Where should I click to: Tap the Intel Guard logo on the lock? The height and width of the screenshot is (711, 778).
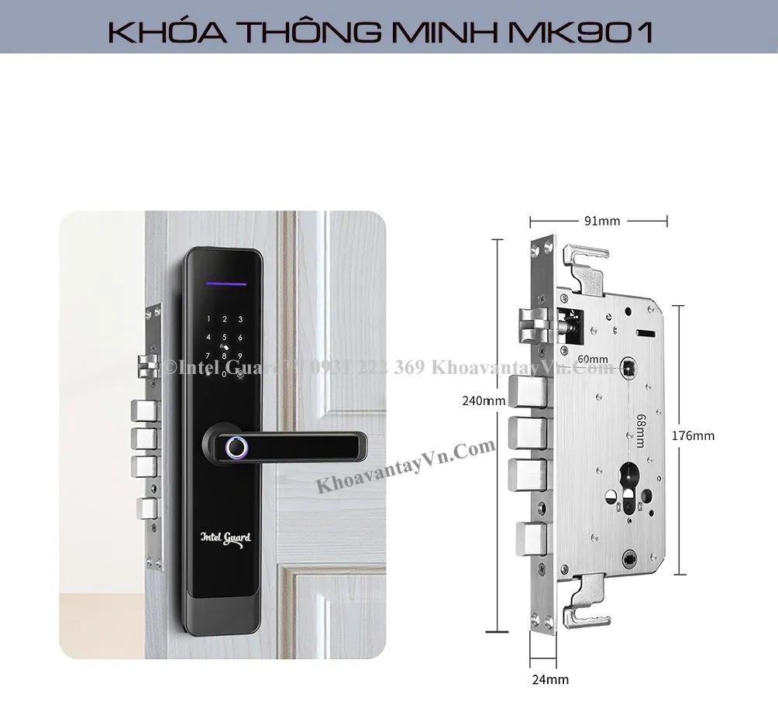[x=225, y=536]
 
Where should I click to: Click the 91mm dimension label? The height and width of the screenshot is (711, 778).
[x=602, y=222]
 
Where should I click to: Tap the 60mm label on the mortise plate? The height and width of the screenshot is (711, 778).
[x=593, y=359]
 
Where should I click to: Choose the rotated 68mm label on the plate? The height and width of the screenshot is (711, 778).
[x=641, y=431]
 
